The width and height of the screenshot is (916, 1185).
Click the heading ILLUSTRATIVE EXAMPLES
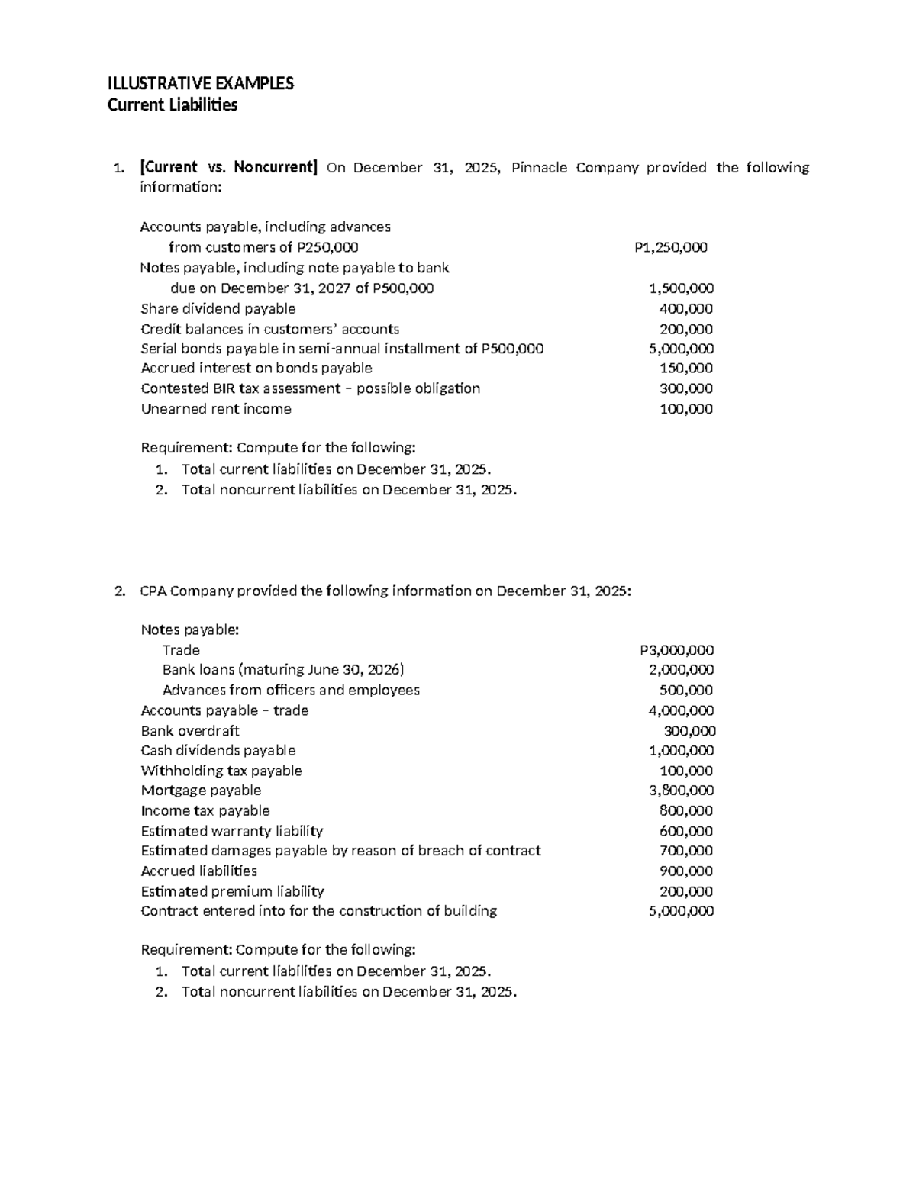tap(200, 84)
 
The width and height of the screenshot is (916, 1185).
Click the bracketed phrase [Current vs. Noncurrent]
tap(228, 168)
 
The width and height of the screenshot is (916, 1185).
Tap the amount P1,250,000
tap(670, 247)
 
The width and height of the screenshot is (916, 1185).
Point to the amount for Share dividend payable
tap(685, 309)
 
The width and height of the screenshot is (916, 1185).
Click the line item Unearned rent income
tap(216, 409)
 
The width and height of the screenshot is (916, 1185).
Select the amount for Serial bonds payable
tap(681, 349)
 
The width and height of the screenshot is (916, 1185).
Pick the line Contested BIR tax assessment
tap(311, 388)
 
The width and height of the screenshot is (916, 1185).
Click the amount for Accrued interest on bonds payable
tap(685, 369)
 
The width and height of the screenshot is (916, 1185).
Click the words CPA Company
tap(187, 591)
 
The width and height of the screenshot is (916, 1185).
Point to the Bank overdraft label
tap(190, 731)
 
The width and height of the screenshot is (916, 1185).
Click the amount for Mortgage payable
tap(681, 791)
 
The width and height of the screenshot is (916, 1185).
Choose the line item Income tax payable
tap(205, 810)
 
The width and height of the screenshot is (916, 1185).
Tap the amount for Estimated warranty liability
tap(685, 831)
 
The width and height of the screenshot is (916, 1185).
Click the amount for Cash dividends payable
tap(681, 751)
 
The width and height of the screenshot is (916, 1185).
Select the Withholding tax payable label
tap(221, 771)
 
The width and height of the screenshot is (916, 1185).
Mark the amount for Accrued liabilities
tap(685, 871)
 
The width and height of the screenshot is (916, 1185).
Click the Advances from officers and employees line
tap(291, 691)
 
